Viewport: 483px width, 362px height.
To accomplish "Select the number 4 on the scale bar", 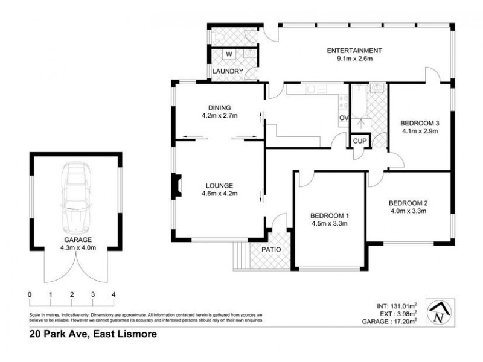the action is (x=114, y=294).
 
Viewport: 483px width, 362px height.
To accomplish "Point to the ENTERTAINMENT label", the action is (x=354, y=51).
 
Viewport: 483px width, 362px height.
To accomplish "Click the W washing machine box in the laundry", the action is (x=229, y=54).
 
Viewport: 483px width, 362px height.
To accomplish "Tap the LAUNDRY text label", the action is (x=228, y=71).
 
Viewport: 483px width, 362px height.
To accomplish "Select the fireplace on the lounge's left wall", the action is (x=175, y=186).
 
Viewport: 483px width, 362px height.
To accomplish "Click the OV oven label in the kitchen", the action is (x=344, y=118).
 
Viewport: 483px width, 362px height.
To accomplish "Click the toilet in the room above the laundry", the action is (x=218, y=37).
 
